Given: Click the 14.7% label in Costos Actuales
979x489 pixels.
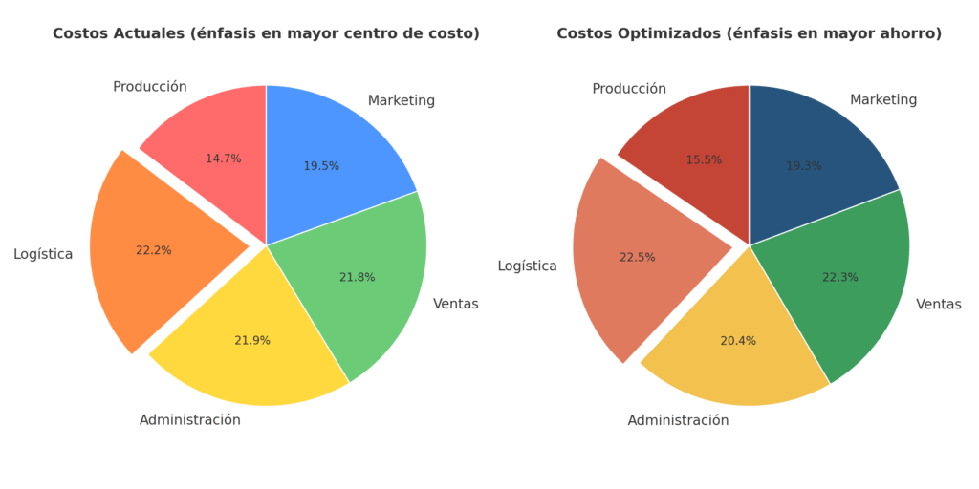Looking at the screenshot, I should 224,159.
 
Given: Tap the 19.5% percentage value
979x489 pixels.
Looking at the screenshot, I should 321,166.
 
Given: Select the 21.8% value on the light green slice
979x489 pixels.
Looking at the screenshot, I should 357,277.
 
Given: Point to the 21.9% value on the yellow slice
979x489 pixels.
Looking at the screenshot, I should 252,340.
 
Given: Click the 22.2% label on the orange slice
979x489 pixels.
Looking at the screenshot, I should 153,250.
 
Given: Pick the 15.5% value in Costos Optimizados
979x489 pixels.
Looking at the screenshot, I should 704,159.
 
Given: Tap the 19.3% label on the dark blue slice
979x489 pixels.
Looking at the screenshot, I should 804,166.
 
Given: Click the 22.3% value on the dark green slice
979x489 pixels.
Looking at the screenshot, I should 840,277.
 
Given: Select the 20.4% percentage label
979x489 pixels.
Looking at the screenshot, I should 738,340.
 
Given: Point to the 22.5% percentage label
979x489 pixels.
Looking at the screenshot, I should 638,257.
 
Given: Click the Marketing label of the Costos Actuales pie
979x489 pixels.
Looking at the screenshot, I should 402,100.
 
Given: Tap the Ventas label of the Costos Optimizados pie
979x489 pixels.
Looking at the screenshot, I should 939,304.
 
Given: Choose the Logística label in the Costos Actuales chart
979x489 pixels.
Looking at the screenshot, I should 43,254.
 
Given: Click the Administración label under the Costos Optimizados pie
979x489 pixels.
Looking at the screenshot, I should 678,420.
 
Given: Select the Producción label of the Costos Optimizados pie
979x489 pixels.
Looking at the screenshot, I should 629,89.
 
